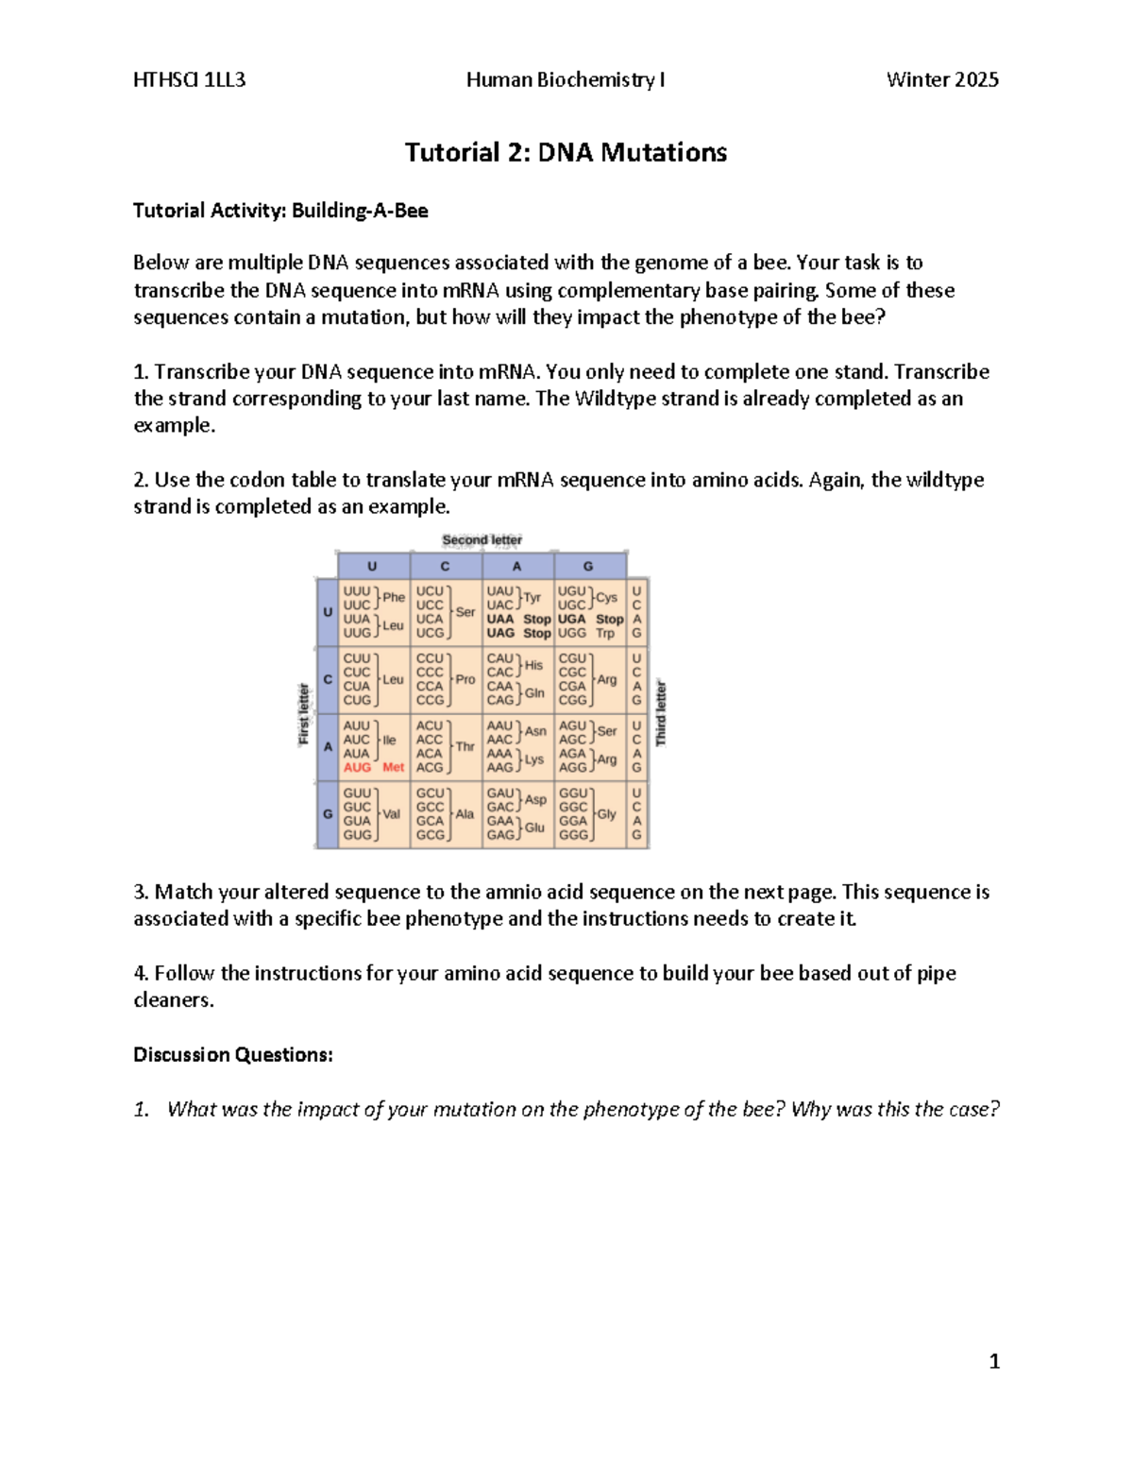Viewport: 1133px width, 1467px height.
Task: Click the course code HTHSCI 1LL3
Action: pos(189,80)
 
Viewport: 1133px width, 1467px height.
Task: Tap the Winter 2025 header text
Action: pos(941,80)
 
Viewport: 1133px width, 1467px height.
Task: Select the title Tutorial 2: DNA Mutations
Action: pos(566,152)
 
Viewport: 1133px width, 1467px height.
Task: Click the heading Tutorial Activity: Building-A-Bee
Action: pos(280,211)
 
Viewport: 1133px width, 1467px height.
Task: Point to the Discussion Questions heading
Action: pos(232,1055)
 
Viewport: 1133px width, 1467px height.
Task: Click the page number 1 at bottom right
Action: pos(993,1361)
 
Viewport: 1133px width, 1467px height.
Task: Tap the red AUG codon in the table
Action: pos(357,768)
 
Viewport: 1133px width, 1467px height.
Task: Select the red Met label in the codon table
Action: pos(393,768)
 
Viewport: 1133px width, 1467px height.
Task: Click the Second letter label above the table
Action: pos(482,540)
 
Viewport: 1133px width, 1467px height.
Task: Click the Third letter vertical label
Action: pos(661,713)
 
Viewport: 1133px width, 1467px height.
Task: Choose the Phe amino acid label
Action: pos(394,597)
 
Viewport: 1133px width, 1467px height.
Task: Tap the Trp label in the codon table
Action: pos(604,633)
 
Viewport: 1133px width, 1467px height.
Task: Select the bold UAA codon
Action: pos(500,620)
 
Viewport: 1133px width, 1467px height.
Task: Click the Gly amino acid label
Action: pos(606,814)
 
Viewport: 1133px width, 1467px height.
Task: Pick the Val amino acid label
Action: pos(391,814)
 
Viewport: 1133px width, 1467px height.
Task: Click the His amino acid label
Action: pos(533,665)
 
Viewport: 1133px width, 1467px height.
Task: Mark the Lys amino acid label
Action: pos(533,759)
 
